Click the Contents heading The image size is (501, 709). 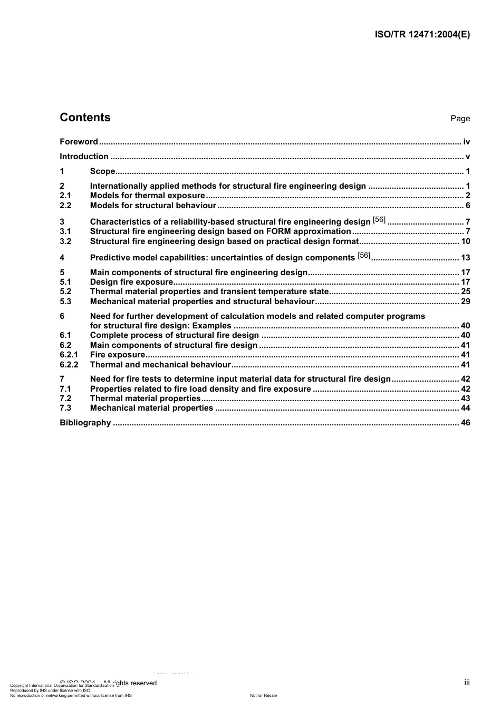85,118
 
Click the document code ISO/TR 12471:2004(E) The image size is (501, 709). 422,35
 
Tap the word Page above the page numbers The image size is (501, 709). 460,119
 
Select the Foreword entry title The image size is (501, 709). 79,142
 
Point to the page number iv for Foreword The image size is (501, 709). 466,142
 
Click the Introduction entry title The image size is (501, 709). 84,157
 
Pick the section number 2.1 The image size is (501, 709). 65,196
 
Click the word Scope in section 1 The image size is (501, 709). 102,171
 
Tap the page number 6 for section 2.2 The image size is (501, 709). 467,206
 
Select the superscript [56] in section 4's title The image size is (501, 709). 364,256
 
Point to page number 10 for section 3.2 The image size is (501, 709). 465,241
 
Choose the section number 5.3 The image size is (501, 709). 65,302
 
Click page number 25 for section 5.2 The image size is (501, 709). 465,292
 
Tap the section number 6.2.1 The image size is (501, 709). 69,355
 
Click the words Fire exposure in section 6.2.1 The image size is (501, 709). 117,355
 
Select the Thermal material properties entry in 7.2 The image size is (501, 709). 145,399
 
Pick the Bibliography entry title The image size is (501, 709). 85,423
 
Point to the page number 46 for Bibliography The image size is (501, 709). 465,423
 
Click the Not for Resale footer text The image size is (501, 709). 263,695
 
